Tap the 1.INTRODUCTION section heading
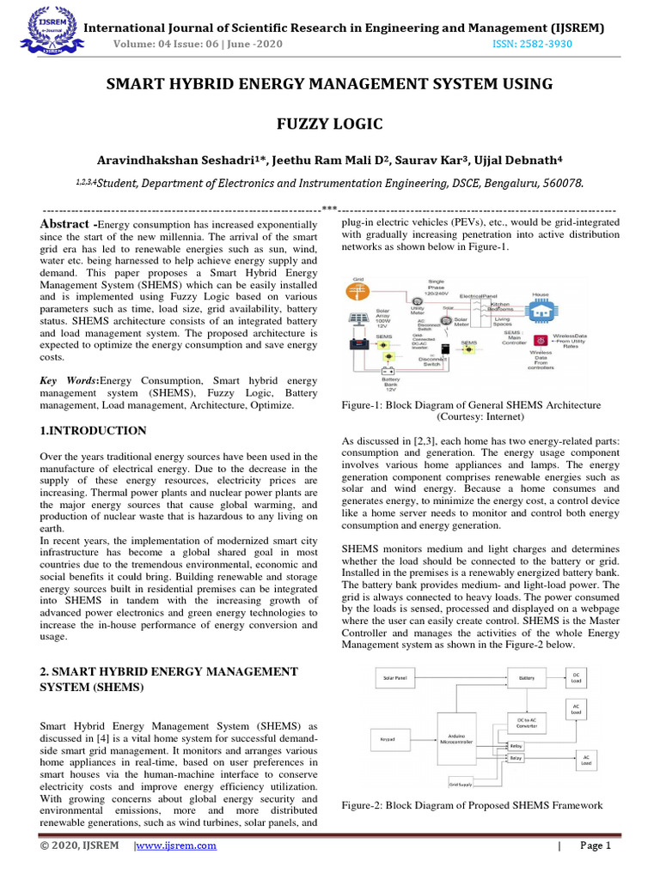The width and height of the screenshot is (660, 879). (x=94, y=430)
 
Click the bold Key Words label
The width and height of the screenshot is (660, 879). (x=70, y=379)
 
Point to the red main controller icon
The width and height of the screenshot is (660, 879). (x=541, y=341)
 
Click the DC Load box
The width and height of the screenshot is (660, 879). (x=576, y=677)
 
